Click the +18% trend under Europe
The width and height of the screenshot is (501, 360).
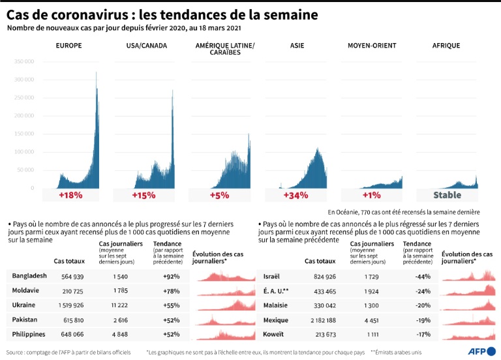[x=70, y=195]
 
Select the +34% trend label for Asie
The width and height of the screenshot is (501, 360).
[x=296, y=195]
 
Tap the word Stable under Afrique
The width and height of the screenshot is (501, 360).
[x=448, y=195]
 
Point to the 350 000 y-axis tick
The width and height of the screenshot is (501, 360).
[x=23, y=61]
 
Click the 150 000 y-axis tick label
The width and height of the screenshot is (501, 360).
[x=23, y=134]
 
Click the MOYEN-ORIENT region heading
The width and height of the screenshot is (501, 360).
[x=372, y=46]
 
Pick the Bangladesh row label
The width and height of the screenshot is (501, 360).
[x=29, y=276]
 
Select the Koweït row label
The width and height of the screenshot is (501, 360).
[x=273, y=334]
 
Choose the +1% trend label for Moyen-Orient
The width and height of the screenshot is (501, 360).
[x=372, y=195]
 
